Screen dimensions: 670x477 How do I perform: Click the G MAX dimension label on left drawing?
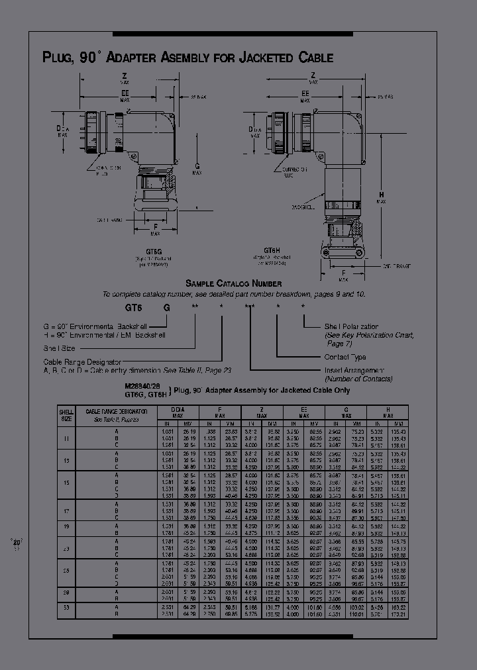tap(197, 169)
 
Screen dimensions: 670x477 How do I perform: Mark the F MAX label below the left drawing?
tap(155, 230)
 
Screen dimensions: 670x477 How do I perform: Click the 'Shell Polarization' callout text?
tap(351, 326)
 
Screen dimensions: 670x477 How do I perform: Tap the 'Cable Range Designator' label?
tap(82, 362)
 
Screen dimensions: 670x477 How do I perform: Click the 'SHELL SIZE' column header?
tap(66, 415)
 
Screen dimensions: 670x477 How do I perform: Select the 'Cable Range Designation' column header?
tap(116, 412)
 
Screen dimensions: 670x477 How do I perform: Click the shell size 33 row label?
tap(66, 606)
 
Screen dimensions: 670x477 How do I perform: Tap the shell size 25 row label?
tap(66, 570)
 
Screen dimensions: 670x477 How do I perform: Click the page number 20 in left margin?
tap(17, 542)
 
